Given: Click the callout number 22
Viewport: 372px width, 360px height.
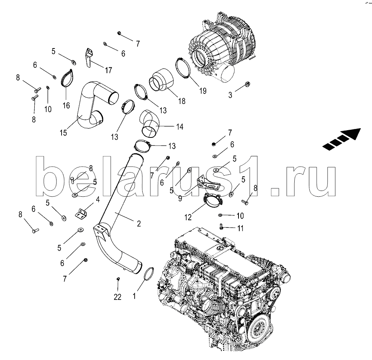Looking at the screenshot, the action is tap(118, 297).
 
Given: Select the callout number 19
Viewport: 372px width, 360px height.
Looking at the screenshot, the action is tap(203, 91).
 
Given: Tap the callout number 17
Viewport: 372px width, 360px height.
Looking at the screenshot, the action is tap(108, 70).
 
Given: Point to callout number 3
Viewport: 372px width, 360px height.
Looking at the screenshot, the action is tap(230, 95).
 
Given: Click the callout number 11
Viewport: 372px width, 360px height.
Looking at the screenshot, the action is tap(240, 228).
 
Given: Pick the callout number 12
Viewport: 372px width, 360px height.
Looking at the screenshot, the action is tap(188, 217).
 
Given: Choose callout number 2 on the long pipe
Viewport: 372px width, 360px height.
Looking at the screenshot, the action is tap(139, 223).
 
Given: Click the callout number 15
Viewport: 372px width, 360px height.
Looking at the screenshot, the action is tap(63, 133).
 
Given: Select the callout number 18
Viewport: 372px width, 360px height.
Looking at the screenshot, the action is tap(182, 101).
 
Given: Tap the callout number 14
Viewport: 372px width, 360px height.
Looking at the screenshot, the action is tap(180, 127).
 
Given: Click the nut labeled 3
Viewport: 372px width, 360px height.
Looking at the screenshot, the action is tap(247, 84).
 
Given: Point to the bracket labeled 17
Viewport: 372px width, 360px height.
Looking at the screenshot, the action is tap(89, 58).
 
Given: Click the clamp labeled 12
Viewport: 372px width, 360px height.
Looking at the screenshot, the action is tap(213, 201).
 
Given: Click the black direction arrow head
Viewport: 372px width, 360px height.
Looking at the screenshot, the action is tap(353, 134).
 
